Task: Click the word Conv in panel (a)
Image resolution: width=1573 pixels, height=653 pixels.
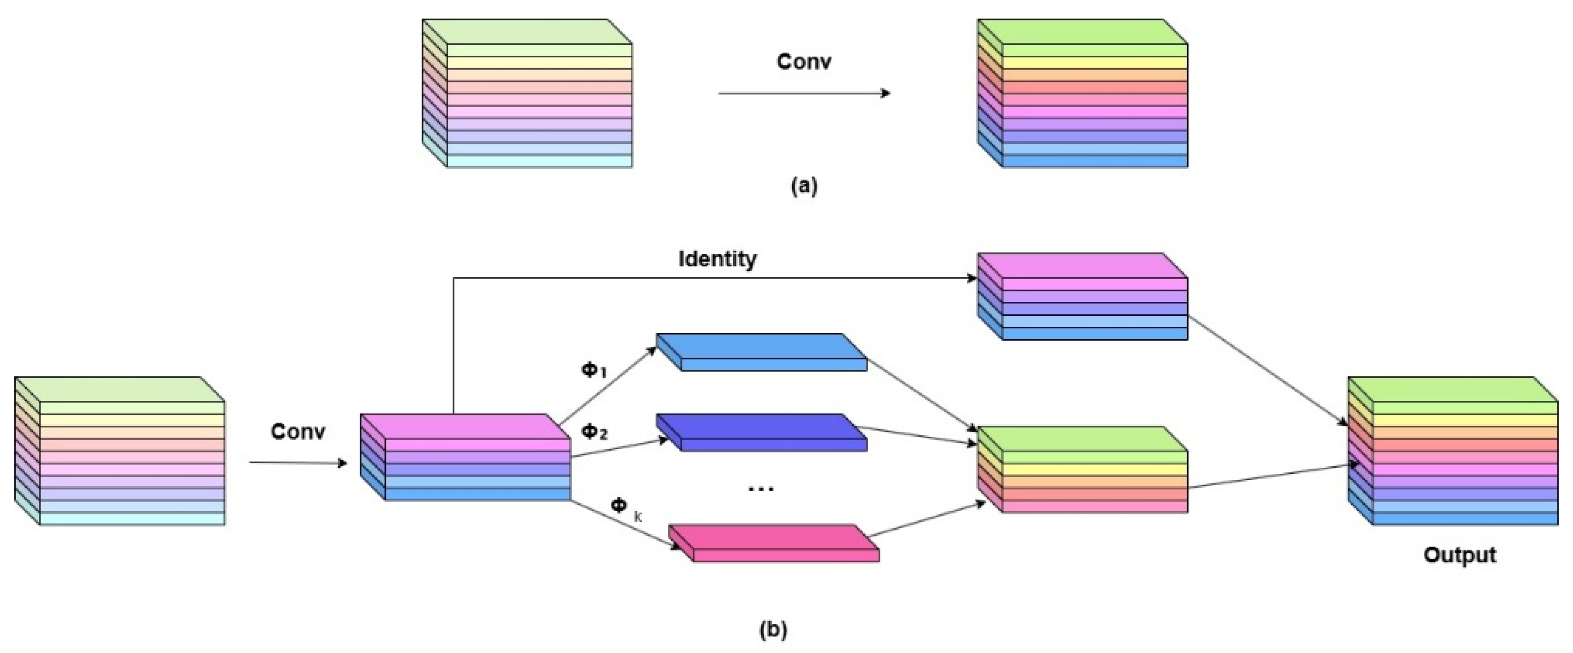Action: (x=803, y=61)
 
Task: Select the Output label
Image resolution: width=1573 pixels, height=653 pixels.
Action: (x=1460, y=555)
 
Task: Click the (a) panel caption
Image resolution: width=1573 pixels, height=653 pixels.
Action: (x=803, y=186)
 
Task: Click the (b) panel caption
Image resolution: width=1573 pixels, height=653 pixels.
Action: (x=773, y=629)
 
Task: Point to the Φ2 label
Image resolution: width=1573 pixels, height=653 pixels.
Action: (x=594, y=432)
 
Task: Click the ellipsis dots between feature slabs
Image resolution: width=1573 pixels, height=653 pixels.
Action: (x=761, y=488)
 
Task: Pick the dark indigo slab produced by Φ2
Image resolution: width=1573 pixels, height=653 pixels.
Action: (x=761, y=432)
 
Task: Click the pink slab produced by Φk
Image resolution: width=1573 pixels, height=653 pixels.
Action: (x=774, y=543)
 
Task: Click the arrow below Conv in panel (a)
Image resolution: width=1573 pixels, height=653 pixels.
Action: (x=804, y=93)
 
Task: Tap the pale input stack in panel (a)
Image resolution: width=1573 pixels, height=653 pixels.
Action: (x=527, y=93)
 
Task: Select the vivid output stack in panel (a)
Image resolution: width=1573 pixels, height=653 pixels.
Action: (x=1082, y=93)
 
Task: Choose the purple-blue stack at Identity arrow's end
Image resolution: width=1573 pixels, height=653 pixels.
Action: (x=1082, y=297)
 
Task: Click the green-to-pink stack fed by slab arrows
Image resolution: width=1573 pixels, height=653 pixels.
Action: (x=1082, y=470)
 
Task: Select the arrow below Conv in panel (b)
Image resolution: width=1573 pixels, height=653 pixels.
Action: (x=298, y=462)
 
